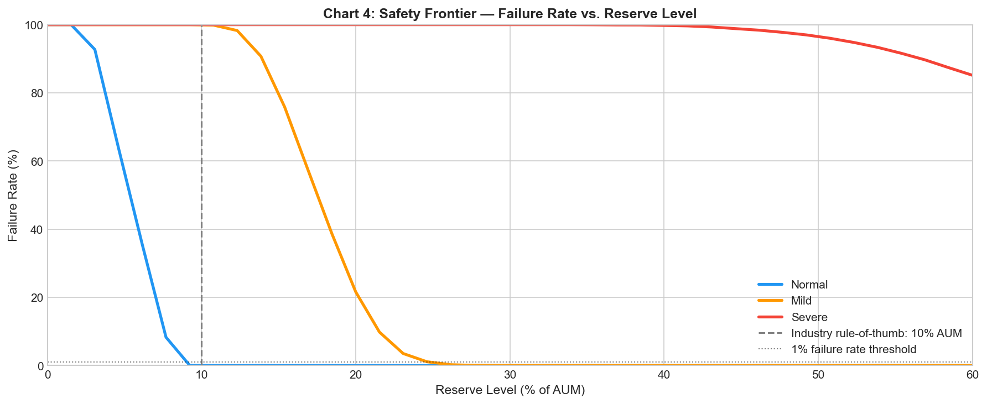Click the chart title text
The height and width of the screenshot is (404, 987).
pos(510,14)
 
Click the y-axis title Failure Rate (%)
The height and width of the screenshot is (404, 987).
pos(13,195)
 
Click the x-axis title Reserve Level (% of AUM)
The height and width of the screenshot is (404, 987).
pos(510,390)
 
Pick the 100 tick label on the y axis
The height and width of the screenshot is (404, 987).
pos(33,25)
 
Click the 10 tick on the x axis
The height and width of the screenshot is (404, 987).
pos(201,375)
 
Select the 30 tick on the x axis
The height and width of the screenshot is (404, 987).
pos(510,375)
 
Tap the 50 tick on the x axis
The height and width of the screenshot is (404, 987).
pos(818,375)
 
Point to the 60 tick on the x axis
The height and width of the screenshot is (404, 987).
pos(972,375)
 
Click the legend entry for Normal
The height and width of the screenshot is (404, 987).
pos(809,285)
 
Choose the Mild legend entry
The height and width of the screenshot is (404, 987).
pos(801,301)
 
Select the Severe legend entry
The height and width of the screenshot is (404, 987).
pos(809,317)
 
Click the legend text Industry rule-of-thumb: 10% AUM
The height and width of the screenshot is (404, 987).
pos(876,333)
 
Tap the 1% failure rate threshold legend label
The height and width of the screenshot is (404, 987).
pos(854,349)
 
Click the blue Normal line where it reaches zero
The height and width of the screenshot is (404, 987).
pos(189,365)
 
